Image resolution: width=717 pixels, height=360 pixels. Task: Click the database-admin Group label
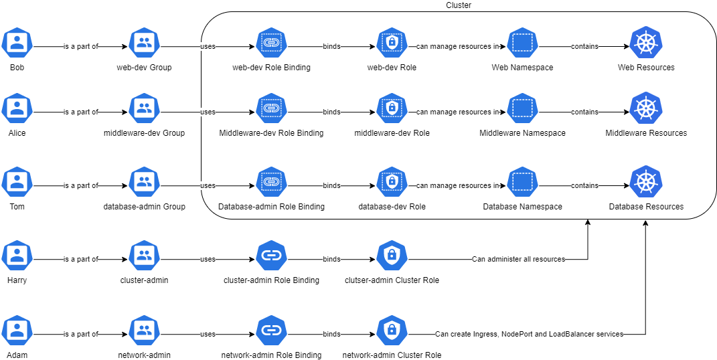(144, 207)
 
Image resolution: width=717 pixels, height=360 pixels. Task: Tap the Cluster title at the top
(458, 5)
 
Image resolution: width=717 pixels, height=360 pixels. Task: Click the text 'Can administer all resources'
(518, 259)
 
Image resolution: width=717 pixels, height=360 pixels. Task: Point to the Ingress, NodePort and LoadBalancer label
(529, 334)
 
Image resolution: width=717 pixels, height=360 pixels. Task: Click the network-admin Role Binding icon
(271, 330)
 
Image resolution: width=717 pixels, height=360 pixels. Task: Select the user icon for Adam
(17, 330)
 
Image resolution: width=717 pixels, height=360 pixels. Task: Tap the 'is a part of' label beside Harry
(80, 259)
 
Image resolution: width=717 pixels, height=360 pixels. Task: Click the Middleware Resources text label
(646, 133)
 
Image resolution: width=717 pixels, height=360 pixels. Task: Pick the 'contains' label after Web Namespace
(584, 47)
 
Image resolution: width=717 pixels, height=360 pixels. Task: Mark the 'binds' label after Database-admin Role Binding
(331, 185)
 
